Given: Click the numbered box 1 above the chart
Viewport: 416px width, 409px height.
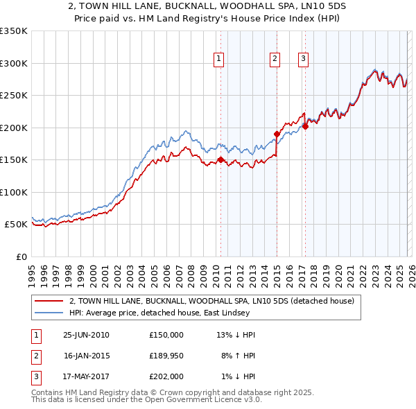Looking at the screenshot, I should tap(218, 60).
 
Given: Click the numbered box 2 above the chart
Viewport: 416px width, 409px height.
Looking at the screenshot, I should tap(275, 60).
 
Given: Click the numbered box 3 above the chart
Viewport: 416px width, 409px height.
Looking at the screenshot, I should tap(304, 60).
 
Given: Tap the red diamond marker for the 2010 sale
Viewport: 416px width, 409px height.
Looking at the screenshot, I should tap(221, 159).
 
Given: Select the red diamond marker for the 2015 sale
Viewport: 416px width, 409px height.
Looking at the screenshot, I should tap(277, 134).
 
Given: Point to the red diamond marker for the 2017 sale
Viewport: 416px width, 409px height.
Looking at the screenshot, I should tap(305, 126).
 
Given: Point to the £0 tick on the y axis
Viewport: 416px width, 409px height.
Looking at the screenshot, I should tap(19, 256).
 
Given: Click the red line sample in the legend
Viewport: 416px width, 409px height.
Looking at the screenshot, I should tap(49, 301).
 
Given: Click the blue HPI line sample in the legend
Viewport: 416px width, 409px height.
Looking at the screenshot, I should tap(49, 313).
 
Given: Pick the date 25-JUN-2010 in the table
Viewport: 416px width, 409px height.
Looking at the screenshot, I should tap(86, 335).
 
